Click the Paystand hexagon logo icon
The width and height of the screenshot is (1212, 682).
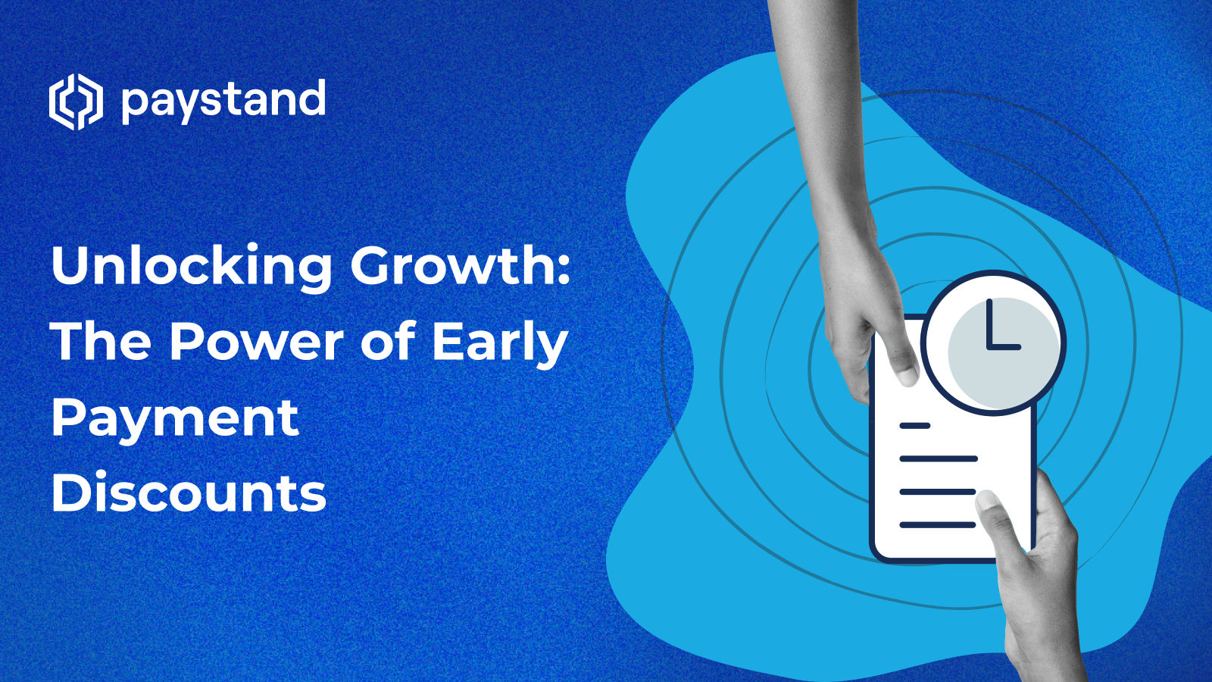pos(76,102)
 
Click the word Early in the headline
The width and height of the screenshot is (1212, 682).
pos(500,343)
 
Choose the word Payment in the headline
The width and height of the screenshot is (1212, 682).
pos(175,418)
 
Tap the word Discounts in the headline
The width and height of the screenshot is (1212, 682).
pos(189,493)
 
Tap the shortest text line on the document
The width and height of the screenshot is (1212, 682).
pos(914,426)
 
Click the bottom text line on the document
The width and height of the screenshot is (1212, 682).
pos(937,524)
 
